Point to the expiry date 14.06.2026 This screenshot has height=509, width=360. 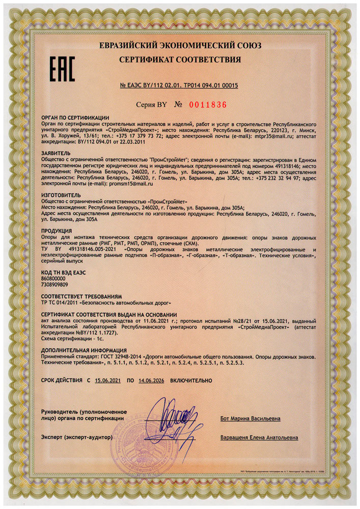point(154,381)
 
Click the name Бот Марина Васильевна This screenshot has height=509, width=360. point(250,419)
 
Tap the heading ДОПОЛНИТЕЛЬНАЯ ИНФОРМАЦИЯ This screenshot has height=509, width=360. point(84,351)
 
